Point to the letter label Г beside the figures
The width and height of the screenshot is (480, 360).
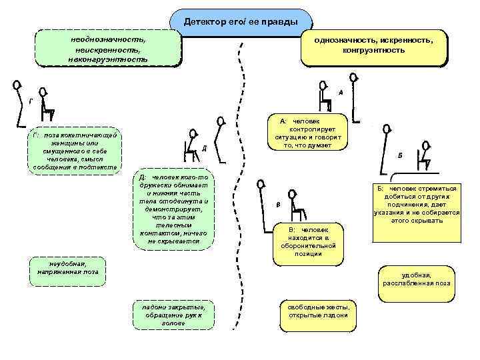pos(29,102)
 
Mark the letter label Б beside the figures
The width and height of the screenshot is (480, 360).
pos(399,154)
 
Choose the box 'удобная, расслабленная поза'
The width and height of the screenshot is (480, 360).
pos(416,279)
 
